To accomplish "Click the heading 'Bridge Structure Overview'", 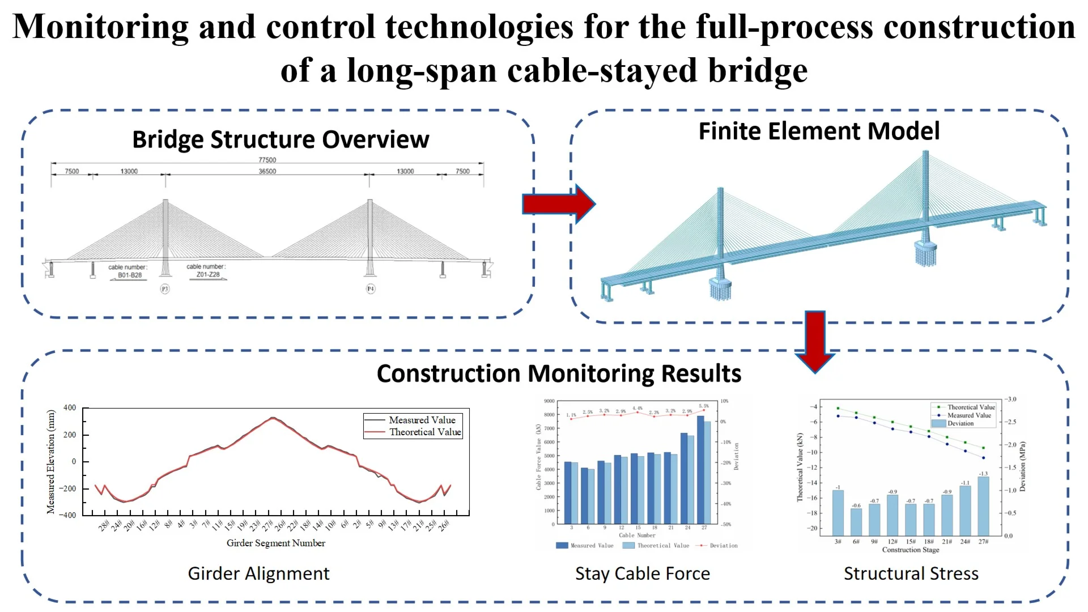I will point(280,139).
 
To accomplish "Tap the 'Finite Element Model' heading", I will point(819,131).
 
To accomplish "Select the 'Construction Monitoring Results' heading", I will point(559,373).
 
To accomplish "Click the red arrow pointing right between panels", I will point(558,204).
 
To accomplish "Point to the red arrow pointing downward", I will point(815,341).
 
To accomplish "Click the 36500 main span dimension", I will point(267,171).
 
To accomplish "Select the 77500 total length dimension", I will point(267,160).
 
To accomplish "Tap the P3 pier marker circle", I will point(165,289).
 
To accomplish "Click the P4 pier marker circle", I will point(371,289).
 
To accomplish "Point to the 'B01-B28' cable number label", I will point(130,275).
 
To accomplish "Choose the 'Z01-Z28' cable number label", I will point(208,275).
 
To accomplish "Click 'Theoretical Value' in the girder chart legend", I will point(425,432).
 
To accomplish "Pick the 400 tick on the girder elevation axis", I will point(70,407).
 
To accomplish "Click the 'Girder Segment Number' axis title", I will point(276,543).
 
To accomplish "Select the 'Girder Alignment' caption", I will point(258,573).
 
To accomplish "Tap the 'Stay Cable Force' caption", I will point(643,573).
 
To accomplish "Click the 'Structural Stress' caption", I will point(911,573).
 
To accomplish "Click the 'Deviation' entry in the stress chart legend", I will point(960,423).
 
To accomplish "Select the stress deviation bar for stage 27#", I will point(983,506).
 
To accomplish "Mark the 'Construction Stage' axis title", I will point(911,550).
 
